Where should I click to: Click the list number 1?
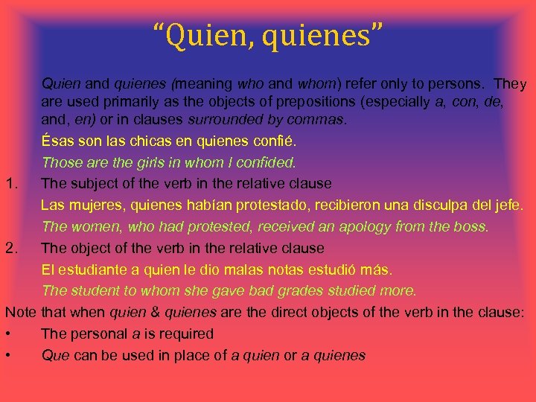tap(10, 182)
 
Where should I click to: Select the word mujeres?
tap(90, 205)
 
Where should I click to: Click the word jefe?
tap(508, 205)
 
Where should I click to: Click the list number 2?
tap(10, 247)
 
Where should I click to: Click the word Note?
tap(20, 312)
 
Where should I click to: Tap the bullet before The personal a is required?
tap(7, 334)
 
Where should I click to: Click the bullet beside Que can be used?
tap(7, 355)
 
